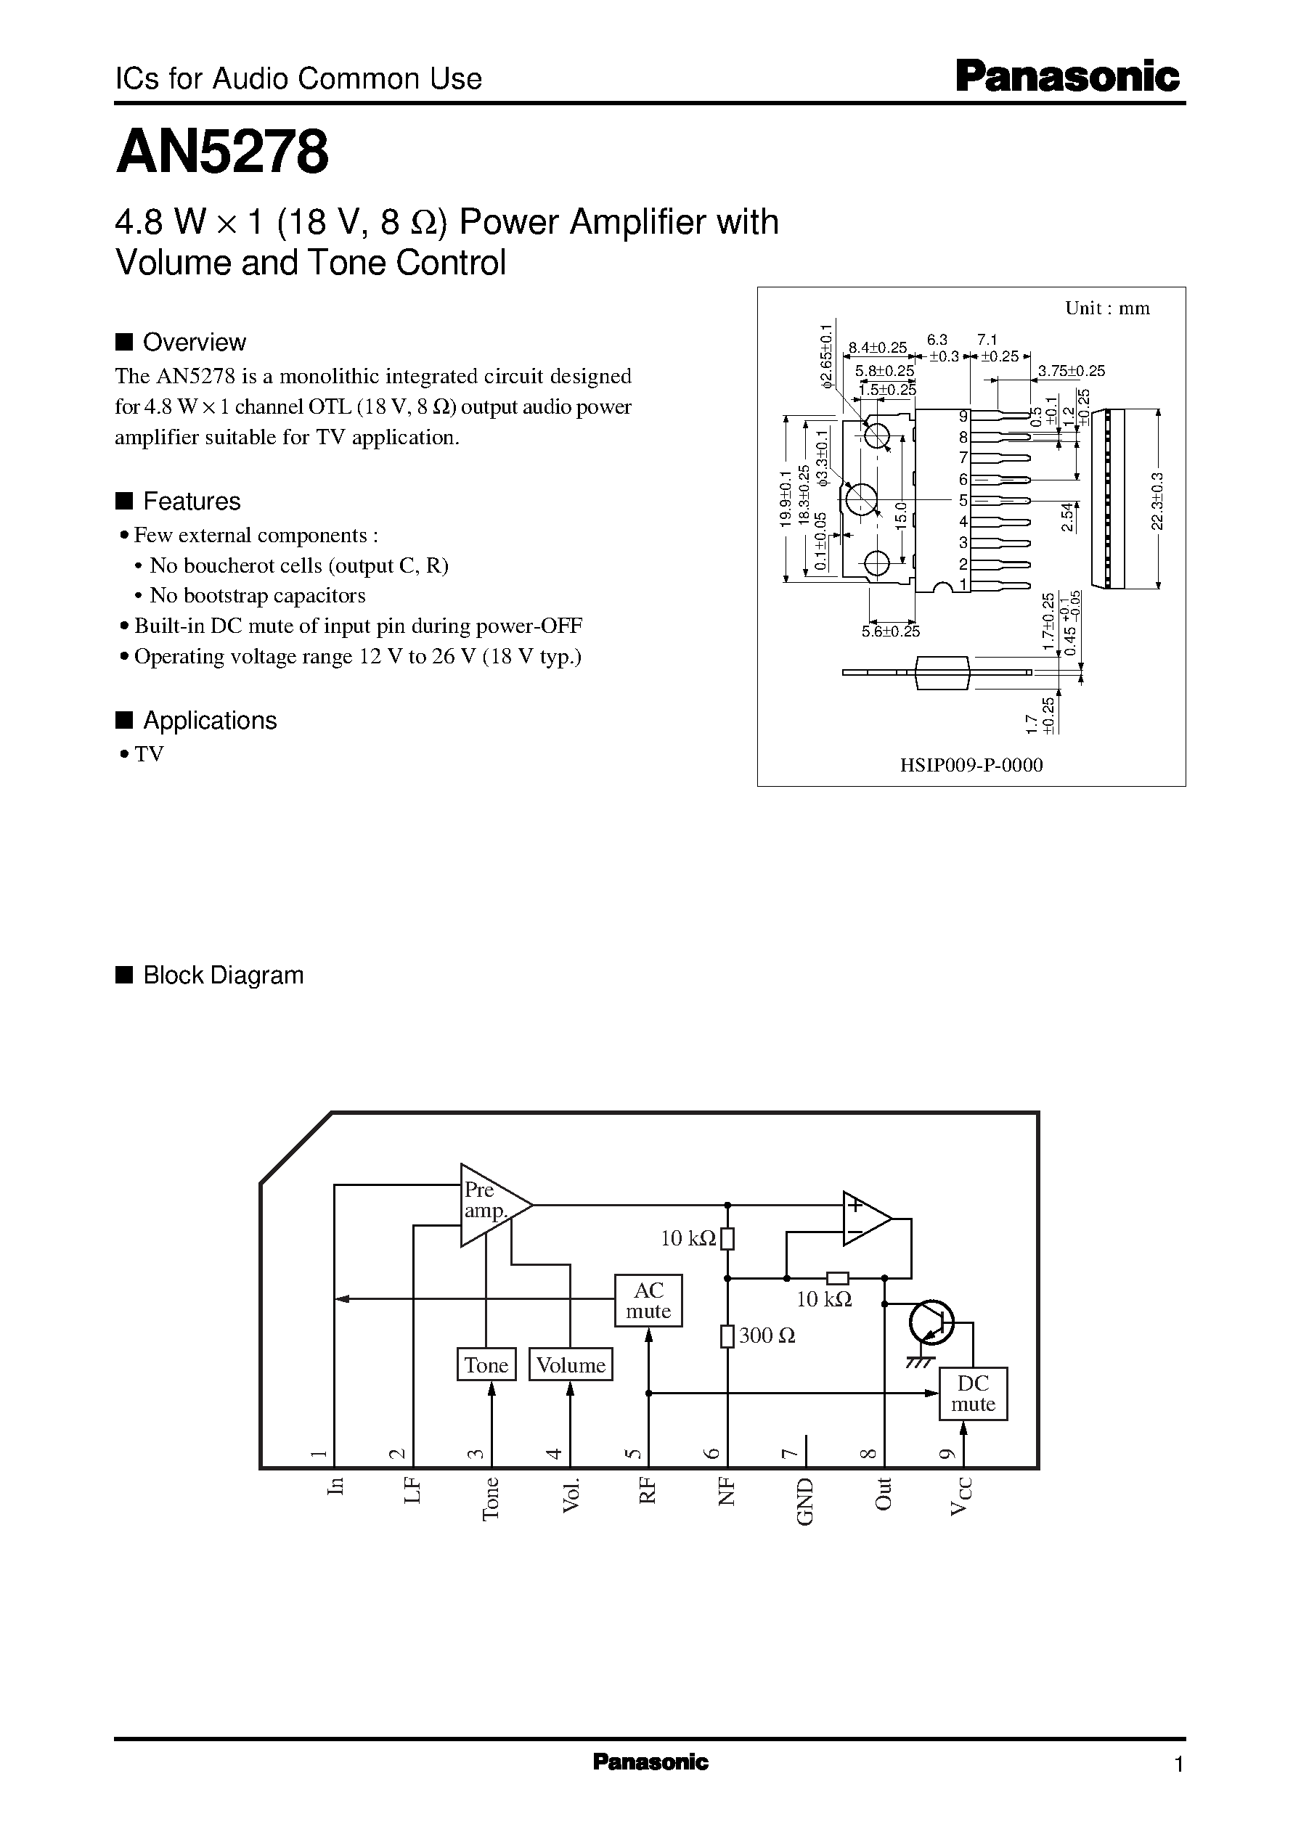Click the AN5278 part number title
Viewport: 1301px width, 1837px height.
[222, 152]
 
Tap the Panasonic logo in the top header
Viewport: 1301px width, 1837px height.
[1067, 78]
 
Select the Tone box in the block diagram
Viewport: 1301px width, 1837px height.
[486, 1365]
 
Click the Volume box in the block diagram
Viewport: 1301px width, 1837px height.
[571, 1365]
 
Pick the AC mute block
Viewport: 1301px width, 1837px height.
[648, 1301]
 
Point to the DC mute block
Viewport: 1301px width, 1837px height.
[973, 1394]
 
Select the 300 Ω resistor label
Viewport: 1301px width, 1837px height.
[767, 1335]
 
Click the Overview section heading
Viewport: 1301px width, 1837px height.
[194, 343]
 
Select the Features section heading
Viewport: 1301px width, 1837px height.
[192, 502]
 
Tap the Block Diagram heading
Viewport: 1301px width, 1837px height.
[223, 975]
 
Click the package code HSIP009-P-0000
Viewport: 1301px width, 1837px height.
[971, 765]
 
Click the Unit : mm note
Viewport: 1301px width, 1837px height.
[1107, 308]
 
